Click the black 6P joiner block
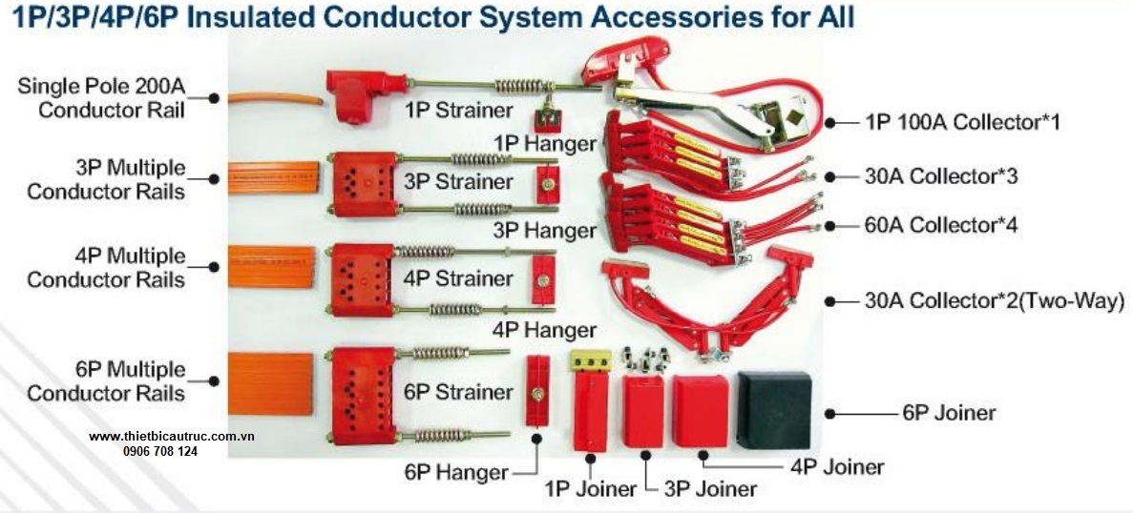click(774, 409)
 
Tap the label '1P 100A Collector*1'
click(961, 122)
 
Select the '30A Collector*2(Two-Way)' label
click(994, 301)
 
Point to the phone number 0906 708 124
click(160, 451)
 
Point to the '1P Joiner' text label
click(591, 489)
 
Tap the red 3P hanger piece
click(546, 183)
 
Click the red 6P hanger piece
click(537, 391)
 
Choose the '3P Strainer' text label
click(458, 181)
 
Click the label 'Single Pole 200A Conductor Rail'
click(100, 98)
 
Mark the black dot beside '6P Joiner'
click(829, 413)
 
